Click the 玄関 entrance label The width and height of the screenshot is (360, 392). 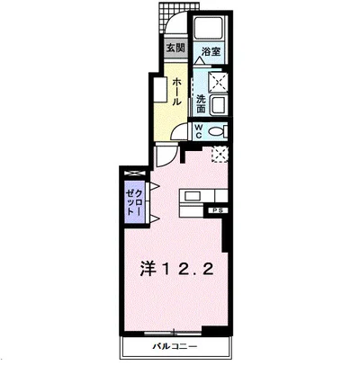click(175, 49)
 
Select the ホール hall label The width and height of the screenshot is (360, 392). click(176, 90)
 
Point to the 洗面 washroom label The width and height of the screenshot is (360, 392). click(202, 103)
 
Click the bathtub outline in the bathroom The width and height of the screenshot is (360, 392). click(213, 31)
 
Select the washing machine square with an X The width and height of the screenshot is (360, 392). click(219, 83)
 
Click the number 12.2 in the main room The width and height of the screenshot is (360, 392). click(190, 268)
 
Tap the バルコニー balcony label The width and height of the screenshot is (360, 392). click(173, 346)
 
